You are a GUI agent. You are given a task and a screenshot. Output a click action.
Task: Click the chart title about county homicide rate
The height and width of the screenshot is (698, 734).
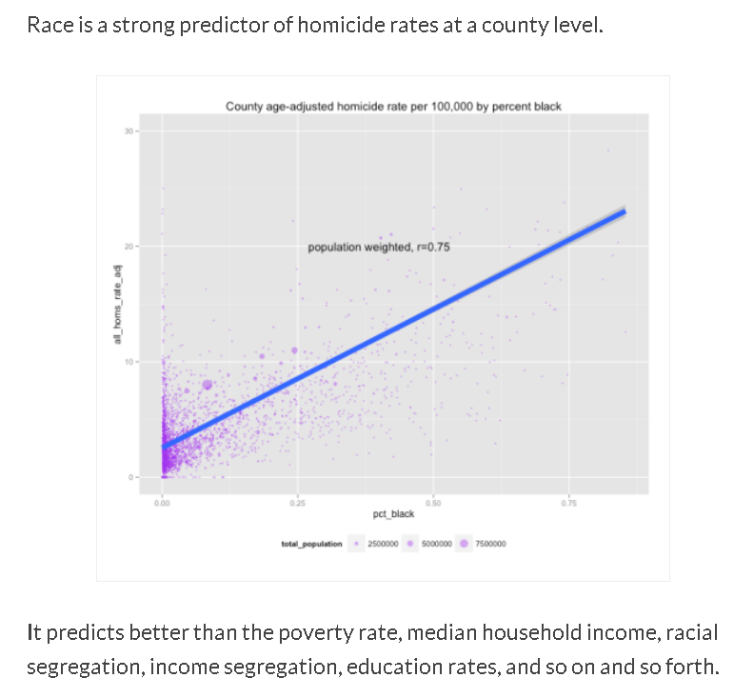393,106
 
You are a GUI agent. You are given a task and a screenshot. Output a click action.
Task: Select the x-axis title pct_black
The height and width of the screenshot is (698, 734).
393,513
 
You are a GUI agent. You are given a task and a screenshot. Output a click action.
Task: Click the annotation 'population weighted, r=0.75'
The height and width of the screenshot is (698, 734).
378,248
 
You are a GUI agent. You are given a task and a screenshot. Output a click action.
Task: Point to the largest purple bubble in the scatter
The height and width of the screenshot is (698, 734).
208,386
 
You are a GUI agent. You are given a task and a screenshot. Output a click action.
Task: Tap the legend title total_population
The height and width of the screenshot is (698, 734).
311,544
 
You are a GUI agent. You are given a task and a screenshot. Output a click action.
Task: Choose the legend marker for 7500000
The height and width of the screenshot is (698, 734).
464,544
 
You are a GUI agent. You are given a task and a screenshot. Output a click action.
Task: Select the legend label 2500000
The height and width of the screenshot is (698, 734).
382,544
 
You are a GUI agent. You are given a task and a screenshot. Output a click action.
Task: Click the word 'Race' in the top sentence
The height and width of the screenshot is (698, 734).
47,25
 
